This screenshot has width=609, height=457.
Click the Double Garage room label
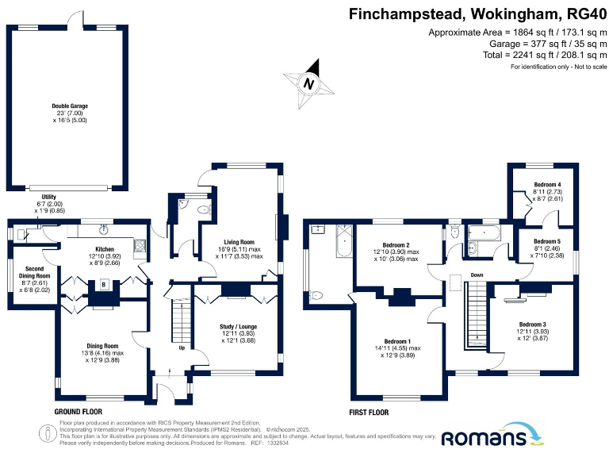click(x=70, y=106)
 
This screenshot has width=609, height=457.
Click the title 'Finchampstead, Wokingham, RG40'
click(x=478, y=13)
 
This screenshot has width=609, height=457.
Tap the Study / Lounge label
click(x=237, y=326)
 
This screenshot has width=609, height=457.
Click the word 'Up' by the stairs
click(x=182, y=348)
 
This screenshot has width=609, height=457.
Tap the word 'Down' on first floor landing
click(x=477, y=275)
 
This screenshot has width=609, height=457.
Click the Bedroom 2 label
click(x=396, y=245)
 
